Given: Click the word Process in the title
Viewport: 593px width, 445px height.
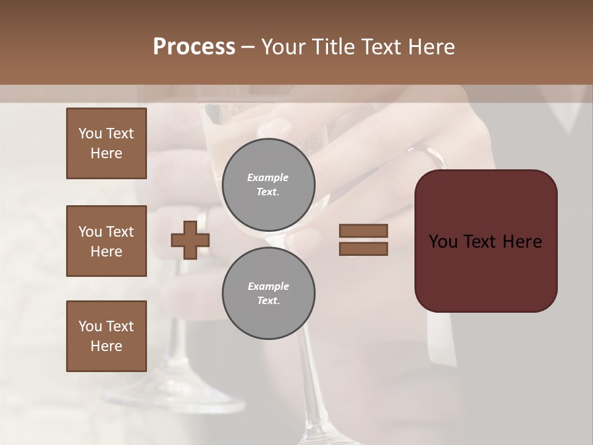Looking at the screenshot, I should (x=194, y=47).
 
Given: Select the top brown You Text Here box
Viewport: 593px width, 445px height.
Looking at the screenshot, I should (x=106, y=143).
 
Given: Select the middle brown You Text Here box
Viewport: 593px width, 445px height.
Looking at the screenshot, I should (x=106, y=241).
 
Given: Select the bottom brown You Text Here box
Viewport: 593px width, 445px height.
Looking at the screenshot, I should (x=106, y=336).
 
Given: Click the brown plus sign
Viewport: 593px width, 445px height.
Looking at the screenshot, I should (x=190, y=240).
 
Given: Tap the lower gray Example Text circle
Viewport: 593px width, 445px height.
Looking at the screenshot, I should (x=268, y=293).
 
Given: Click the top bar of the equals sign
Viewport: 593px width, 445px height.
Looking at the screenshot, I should (x=363, y=231).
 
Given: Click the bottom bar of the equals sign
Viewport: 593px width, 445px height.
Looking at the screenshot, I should (x=363, y=248).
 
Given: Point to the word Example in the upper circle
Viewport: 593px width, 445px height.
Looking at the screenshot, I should (x=268, y=177).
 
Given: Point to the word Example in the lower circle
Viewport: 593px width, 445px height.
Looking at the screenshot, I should (x=268, y=286).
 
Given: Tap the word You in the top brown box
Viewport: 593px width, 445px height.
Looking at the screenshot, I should (x=89, y=133).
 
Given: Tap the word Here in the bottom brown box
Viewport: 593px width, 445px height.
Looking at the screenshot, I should (x=106, y=346).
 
